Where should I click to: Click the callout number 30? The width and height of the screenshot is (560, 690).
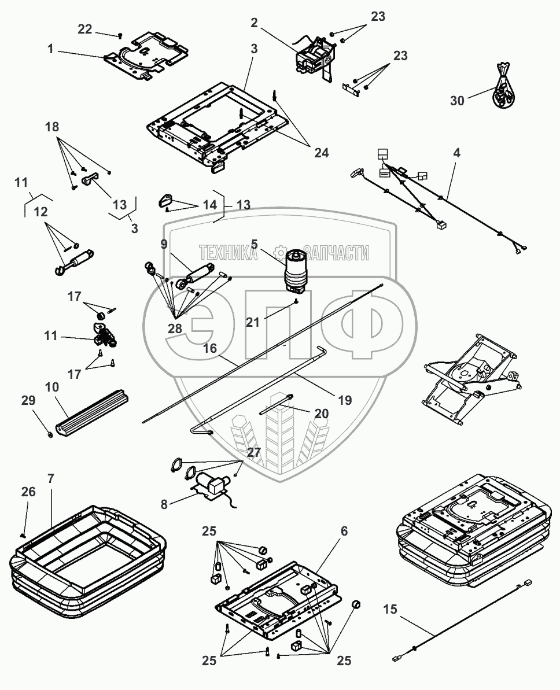pyautogui.click(x=457, y=100)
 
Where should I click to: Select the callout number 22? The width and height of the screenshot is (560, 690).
pyautogui.click(x=85, y=29)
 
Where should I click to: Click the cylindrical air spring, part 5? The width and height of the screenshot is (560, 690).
pyautogui.click(x=296, y=269)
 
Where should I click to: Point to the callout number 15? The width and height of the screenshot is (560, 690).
pyautogui.click(x=391, y=609)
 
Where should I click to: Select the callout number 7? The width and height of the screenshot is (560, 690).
pyautogui.click(x=50, y=479)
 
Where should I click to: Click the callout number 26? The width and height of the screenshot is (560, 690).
pyautogui.click(x=29, y=492)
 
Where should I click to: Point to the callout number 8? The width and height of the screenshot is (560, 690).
pyautogui.click(x=164, y=504)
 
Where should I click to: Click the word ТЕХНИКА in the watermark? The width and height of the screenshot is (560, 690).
pyautogui.click(x=228, y=253)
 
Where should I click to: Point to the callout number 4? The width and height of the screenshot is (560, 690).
pyautogui.click(x=456, y=154)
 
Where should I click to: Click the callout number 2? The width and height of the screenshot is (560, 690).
pyautogui.click(x=254, y=23)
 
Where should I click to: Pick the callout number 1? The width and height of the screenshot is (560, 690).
pyautogui.click(x=51, y=50)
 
